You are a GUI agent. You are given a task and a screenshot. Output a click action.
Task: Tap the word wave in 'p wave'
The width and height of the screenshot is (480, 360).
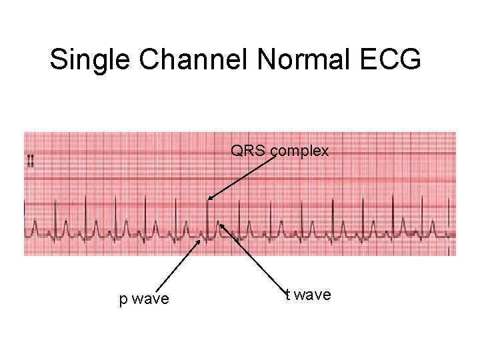151,299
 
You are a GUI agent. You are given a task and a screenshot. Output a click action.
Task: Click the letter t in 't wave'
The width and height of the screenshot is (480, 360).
287,294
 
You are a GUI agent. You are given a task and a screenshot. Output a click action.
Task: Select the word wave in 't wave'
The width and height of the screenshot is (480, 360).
313,294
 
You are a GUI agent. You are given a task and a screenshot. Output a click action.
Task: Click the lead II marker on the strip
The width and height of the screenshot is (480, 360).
31,161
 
